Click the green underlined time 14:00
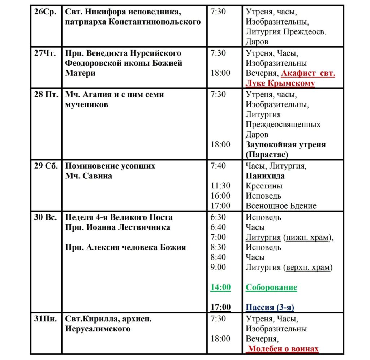[x=220, y=287]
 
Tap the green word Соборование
[x=271, y=287]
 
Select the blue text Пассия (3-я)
[x=270, y=308]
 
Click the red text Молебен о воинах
[x=283, y=349]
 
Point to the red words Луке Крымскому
[x=280, y=83]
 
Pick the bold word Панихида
[x=265, y=176]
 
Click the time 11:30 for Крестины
[x=220, y=186]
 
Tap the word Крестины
[x=264, y=186]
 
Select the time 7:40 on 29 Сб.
[x=218, y=166]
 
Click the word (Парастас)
[x=267, y=155]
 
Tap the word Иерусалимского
[x=98, y=329]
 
